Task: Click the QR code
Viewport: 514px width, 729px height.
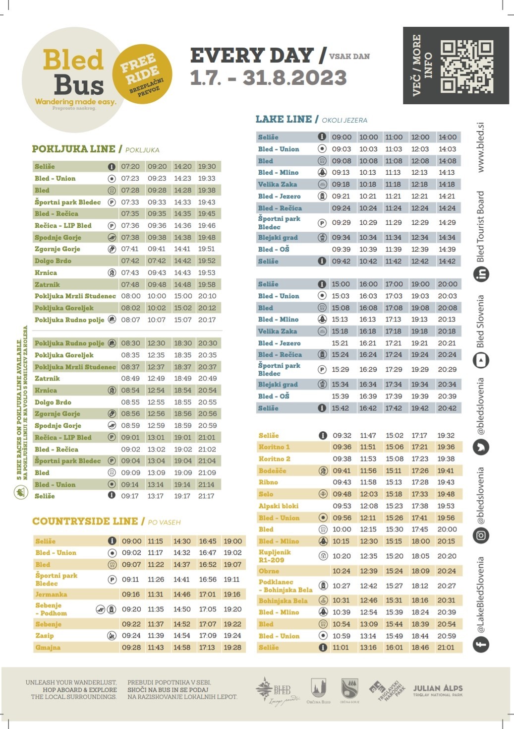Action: (x=467, y=66)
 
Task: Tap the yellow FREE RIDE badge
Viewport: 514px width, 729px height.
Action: (x=142, y=74)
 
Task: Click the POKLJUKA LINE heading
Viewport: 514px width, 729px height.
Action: (x=73, y=149)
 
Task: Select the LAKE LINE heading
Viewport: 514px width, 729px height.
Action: (x=284, y=119)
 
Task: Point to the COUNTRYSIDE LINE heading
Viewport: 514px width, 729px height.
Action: (x=85, y=521)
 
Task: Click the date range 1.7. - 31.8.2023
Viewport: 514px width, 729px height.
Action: (x=268, y=78)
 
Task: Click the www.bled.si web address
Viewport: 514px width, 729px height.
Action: (x=480, y=147)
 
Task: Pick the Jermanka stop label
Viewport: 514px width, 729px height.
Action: (x=51, y=594)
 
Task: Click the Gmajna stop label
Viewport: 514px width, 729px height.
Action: (x=48, y=647)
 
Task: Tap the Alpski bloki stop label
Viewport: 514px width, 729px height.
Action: (x=279, y=506)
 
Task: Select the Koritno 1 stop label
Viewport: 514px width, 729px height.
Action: (x=274, y=447)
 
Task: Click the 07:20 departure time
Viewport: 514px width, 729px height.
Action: (x=130, y=166)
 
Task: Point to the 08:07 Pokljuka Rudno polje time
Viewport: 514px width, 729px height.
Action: (x=130, y=320)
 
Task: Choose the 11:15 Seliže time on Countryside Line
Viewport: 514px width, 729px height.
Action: (x=155, y=541)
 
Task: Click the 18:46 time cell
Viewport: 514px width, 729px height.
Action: (x=420, y=647)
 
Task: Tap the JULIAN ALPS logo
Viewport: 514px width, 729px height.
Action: (x=438, y=689)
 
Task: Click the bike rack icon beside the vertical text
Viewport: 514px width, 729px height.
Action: (x=20, y=492)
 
